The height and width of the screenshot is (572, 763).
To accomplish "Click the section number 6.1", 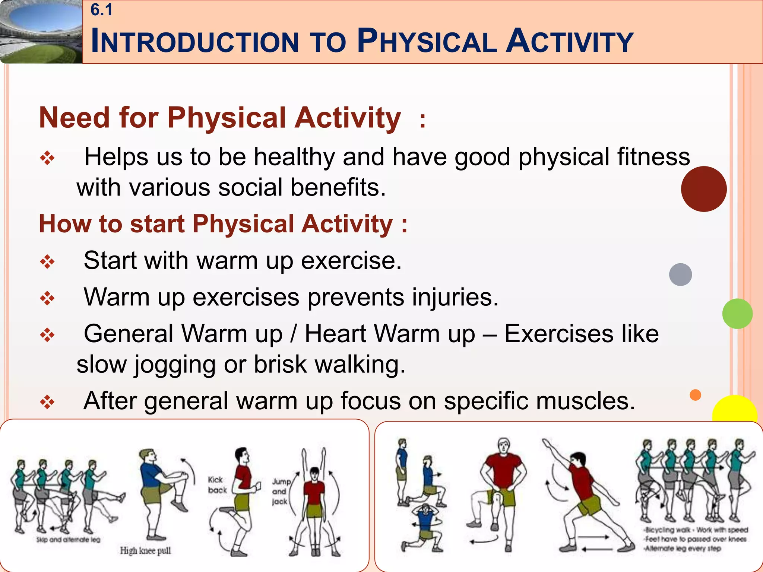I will [x=101, y=10].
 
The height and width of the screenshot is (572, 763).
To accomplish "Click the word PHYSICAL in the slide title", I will [x=427, y=41].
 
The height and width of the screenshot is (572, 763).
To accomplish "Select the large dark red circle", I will [x=703, y=189].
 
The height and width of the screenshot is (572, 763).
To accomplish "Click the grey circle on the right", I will [x=680, y=274].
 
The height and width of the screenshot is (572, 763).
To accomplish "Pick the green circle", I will [x=737, y=314].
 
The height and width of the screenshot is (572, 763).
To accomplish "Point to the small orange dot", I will [x=695, y=395].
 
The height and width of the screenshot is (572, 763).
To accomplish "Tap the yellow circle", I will [x=734, y=410].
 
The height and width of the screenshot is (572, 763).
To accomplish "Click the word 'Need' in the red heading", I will [x=74, y=118].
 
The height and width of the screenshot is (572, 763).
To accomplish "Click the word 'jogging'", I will [x=175, y=365].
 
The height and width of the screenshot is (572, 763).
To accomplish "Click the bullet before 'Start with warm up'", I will [x=47, y=262].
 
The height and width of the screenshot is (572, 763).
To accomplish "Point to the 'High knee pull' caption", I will [x=145, y=550].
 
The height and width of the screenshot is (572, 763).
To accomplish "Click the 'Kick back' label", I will [x=217, y=484].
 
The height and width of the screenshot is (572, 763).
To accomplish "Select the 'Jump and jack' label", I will [x=280, y=492].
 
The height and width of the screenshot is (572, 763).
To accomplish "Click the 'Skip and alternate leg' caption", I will [x=68, y=540].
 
